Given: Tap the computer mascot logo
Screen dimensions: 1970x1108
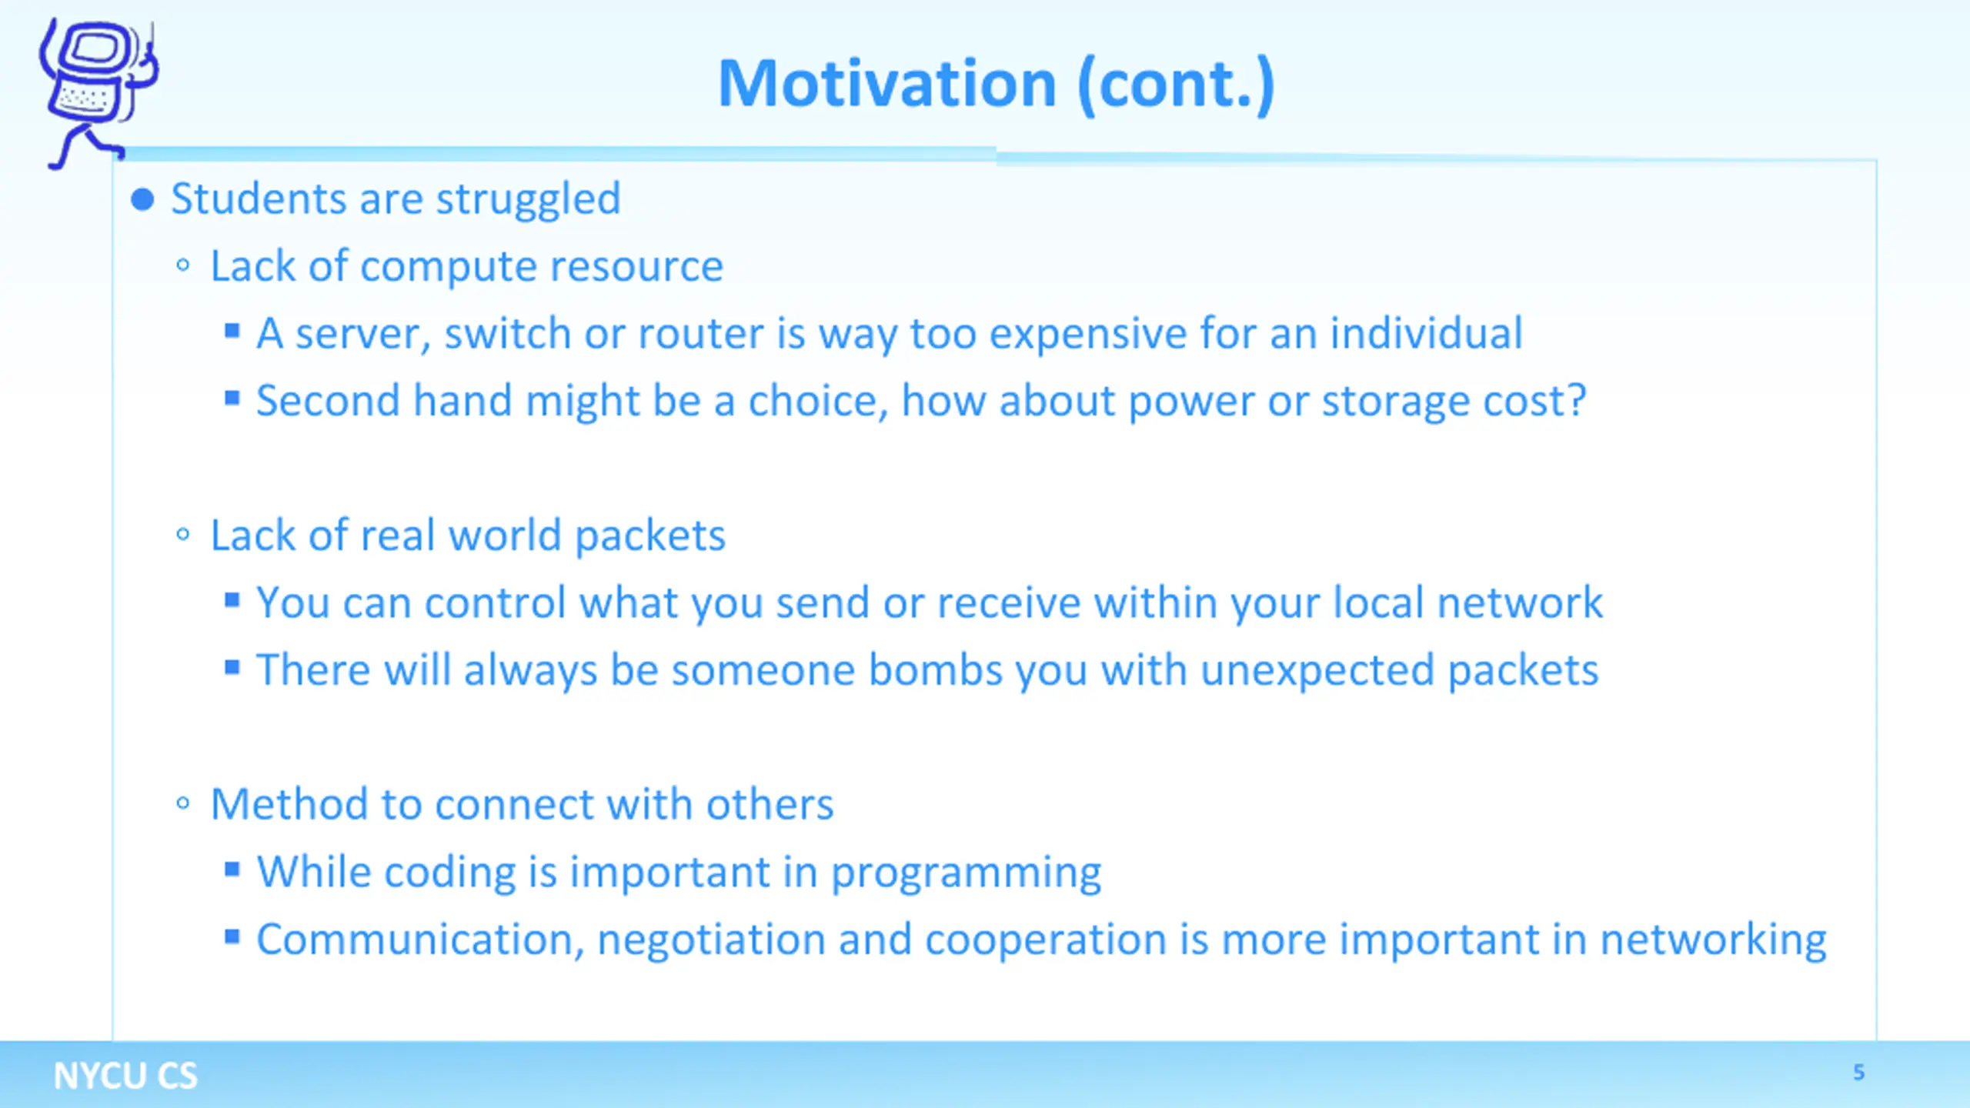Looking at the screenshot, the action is pos(98,92).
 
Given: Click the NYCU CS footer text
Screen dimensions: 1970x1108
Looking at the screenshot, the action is pos(125,1075).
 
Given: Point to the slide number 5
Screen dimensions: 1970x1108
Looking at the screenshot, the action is pos(1858,1072).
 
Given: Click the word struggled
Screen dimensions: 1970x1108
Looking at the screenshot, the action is pos(529,200).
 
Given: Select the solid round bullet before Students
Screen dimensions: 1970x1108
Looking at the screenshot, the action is pos(142,200).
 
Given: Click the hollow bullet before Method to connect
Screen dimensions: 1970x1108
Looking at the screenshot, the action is pos(182,804).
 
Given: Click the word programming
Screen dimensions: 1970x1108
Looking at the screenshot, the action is pos(967,873).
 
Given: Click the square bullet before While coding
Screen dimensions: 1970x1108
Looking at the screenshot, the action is pos(232,869).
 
